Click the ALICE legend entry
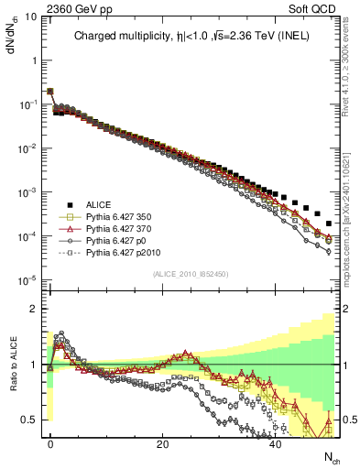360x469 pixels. tap(98, 205)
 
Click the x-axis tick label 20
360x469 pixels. tap(163, 443)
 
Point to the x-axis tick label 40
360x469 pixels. tap(276, 443)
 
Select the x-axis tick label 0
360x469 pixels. tap(50, 443)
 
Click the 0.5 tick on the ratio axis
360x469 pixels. tap(31, 420)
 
